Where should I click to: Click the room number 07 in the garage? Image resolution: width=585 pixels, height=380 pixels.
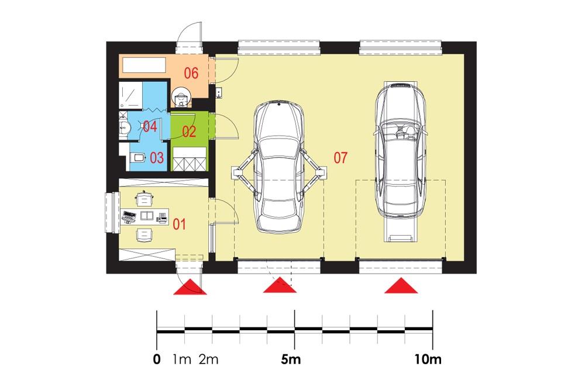point(340,157)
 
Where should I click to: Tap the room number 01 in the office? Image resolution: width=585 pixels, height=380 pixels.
point(179,223)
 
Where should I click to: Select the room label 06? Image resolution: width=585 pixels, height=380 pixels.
point(191,74)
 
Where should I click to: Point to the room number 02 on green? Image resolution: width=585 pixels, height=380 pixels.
point(188,132)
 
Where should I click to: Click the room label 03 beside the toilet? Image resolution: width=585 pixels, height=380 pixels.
point(156,157)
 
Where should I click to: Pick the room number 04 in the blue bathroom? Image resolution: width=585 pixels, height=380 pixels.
point(149,126)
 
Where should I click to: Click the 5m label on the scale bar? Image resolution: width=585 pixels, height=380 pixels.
point(290,360)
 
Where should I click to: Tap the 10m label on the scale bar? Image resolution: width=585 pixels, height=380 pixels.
point(428,360)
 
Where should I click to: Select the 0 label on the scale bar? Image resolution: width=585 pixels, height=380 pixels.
point(156,360)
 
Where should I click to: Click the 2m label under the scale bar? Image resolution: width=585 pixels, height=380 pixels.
point(208,360)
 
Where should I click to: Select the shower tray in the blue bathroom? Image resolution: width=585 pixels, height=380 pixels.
point(130,95)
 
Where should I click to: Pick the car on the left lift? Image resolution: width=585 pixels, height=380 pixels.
point(279,165)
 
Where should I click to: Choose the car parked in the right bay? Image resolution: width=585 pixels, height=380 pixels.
point(400,152)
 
